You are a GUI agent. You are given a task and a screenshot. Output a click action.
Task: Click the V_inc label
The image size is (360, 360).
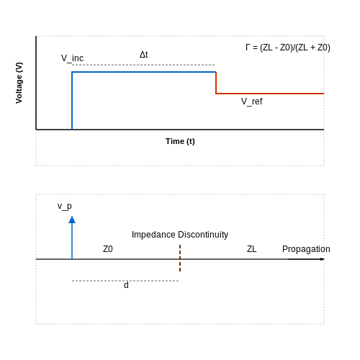click(x=72, y=58)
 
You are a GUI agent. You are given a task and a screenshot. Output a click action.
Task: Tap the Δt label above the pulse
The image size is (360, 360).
click(x=144, y=55)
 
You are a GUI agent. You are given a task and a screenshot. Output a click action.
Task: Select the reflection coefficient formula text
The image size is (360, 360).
click(x=288, y=48)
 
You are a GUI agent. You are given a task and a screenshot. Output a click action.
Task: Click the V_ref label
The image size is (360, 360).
click(x=252, y=102)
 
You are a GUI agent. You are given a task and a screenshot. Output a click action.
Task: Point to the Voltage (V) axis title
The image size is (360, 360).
click(x=19, y=83)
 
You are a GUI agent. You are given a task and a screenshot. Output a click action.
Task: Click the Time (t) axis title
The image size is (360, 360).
click(x=180, y=141)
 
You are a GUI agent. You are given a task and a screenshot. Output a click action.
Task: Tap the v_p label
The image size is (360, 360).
click(x=65, y=206)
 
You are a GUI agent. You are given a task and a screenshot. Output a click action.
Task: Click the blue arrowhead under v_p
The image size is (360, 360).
click(x=72, y=220)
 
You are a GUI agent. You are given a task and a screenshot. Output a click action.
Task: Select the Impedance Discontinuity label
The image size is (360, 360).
click(x=180, y=235)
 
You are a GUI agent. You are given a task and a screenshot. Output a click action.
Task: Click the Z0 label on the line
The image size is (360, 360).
click(x=108, y=249)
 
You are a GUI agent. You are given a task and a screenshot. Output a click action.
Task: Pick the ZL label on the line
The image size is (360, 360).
click(x=252, y=249)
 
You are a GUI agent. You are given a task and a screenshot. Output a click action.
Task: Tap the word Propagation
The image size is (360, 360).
click(x=306, y=249)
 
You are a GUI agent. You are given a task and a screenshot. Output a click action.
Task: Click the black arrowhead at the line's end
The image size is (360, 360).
click(x=323, y=259)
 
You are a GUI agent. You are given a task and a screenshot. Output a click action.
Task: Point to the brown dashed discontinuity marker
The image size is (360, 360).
click(x=180, y=258)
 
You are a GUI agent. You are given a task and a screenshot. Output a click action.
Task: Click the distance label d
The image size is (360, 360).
click(x=126, y=285)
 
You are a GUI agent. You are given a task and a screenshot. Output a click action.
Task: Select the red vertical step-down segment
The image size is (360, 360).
click(x=216, y=83)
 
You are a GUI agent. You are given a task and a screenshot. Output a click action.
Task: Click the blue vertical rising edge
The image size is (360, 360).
click(x=72, y=101)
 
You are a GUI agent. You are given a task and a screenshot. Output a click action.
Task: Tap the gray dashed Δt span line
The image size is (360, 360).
click(x=143, y=65)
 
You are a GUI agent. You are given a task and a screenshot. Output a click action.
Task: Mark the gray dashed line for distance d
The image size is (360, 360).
click(x=125, y=281)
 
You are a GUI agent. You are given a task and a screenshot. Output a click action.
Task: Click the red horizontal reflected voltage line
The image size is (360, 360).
click(x=270, y=94)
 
